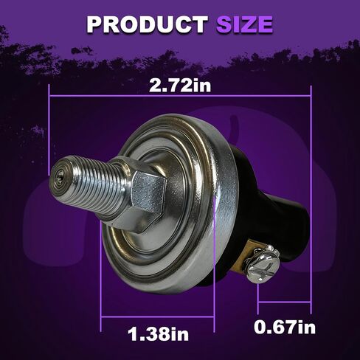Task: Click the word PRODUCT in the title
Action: pyautogui.click(x=147, y=24)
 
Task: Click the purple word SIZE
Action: pyautogui.click(x=244, y=24)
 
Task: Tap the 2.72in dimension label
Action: pyautogui.click(x=180, y=86)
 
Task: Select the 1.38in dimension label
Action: pyautogui.click(x=158, y=334)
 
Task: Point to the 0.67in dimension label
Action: pyautogui.click(x=285, y=328)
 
